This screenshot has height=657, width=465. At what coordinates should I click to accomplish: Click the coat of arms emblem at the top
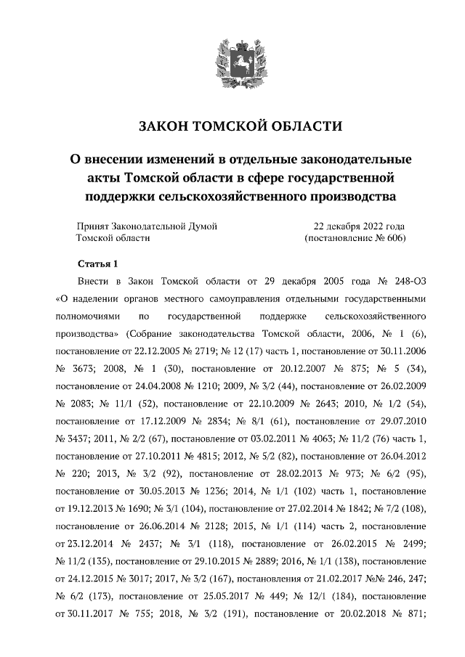(x=232, y=61)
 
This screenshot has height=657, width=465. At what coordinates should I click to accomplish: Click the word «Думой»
(x=200, y=227)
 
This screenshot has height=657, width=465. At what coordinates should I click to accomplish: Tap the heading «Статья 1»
(x=97, y=264)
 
